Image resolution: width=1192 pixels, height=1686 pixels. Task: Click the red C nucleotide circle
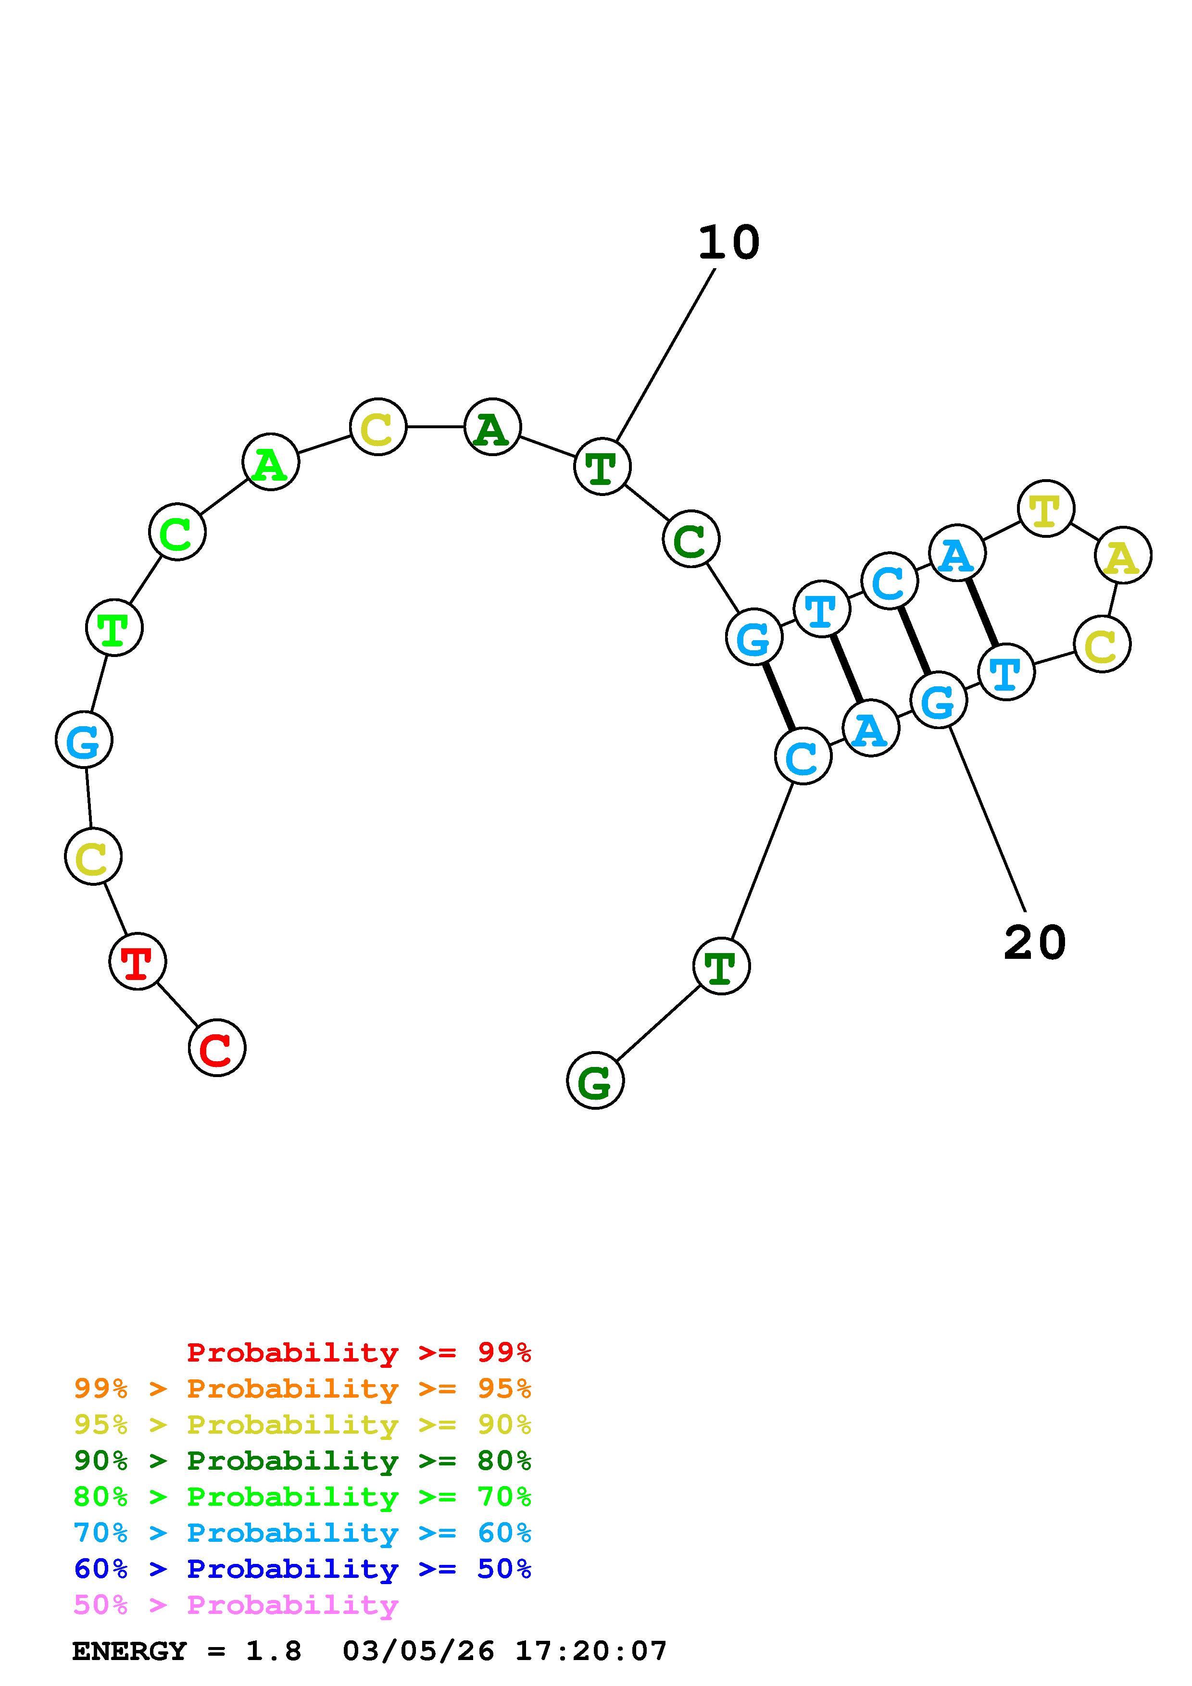pos(217,1048)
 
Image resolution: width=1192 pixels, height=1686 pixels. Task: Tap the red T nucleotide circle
pos(138,961)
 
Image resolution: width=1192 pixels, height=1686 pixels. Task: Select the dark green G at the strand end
pos(595,1080)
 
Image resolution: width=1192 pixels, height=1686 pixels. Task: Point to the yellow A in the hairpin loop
pos(1123,555)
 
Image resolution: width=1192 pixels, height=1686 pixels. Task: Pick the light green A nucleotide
pos(270,462)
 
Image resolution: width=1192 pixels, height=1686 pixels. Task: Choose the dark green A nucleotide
pos(492,427)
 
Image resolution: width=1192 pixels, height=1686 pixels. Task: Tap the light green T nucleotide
pos(114,627)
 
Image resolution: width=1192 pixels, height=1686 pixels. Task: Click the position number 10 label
pos(728,242)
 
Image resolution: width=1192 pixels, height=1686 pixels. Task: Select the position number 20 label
pos(1034,943)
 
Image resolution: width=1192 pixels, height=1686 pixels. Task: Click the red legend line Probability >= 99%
pos(358,1352)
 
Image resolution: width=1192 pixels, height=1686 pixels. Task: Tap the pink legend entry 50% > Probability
pos(236,1605)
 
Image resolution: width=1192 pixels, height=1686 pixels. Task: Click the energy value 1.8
pos(273,1651)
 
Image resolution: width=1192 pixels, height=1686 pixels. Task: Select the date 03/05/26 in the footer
pos(418,1651)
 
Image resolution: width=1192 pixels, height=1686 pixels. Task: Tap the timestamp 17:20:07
pos(590,1651)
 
